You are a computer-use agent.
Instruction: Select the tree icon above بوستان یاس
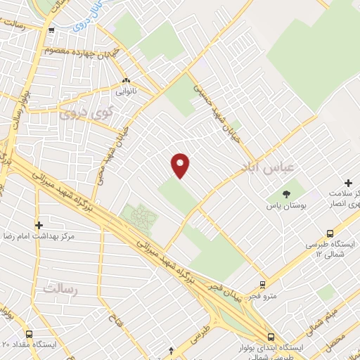[x=286, y=194]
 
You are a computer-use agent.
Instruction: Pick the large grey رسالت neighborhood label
[x=59, y=288]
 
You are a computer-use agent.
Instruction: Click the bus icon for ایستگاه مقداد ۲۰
[x=29, y=334]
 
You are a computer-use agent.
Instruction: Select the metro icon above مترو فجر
[x=262, y=285]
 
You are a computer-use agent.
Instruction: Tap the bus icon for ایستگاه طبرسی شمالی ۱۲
[x=330, y=234]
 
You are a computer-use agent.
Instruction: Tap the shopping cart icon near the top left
[x=52, y=29]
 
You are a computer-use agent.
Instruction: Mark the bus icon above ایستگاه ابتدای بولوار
[x=271, y=336]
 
